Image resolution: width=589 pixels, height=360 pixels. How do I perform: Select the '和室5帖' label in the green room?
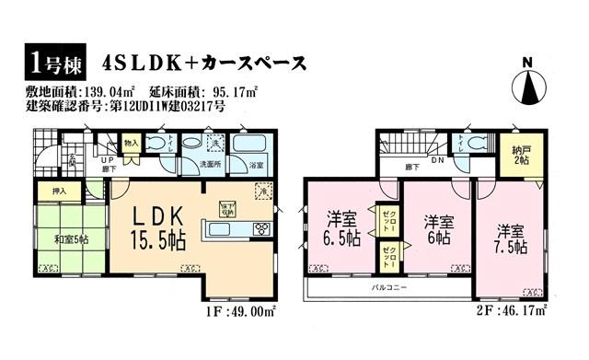pyautogui.click(x=70, y=240)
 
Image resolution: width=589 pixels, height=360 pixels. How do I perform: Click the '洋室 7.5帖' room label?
pyautogui.click(x=510, y=238)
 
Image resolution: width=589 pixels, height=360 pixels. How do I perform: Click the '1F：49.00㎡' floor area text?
pyautogui.click(x=249, y=311)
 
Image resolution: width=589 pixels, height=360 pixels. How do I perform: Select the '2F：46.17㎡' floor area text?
pyautogui.click(x=520, y=311)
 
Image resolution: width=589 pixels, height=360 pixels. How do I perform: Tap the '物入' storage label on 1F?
pyautogui.click(x=131, y=143)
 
